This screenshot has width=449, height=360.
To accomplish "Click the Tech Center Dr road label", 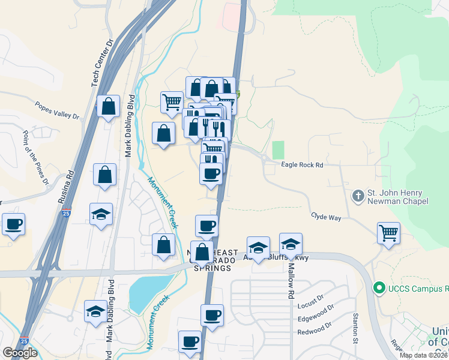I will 103,64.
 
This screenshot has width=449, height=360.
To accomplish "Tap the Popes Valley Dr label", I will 57,109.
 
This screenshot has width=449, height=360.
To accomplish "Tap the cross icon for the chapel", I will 358,196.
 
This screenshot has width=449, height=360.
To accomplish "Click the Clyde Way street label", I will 326,217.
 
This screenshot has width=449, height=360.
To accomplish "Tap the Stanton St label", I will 356,328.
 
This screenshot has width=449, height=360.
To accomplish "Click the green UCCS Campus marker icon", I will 378,289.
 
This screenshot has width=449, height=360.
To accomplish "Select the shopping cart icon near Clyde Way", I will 388,233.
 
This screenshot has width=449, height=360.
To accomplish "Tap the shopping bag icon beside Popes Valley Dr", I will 108,107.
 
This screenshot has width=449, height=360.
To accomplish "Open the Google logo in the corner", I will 20,353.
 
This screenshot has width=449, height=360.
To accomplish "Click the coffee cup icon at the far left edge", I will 13,224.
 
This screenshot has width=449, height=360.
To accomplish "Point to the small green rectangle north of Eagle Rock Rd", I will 277,150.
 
